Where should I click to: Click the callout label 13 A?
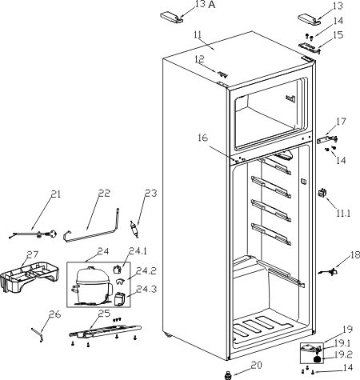click(x=205, y=5)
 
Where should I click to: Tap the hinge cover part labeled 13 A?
click(x=171, y=17)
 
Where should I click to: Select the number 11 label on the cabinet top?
click(x=198, y=34)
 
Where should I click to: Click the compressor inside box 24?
click(x=92, y=286)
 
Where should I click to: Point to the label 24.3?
click(x=146, y=289)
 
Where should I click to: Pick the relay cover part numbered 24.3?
click(x=119, y=298)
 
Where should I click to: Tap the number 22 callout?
click(x=104, y=193)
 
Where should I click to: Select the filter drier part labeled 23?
click(x=134, y=229)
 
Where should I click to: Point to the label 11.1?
click(x=343, y=213)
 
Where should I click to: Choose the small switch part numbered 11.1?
click(x=322, y=193)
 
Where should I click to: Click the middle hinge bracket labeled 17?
click(x=327, y=139)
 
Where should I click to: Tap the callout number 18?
click(x=354, y=255)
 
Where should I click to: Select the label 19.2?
click(x=343, y=354)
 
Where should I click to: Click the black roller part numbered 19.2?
click(x=318, y=359)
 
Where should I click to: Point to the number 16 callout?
click(x=202, y=138)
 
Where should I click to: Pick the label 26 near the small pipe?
click(x=55, y=314)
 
